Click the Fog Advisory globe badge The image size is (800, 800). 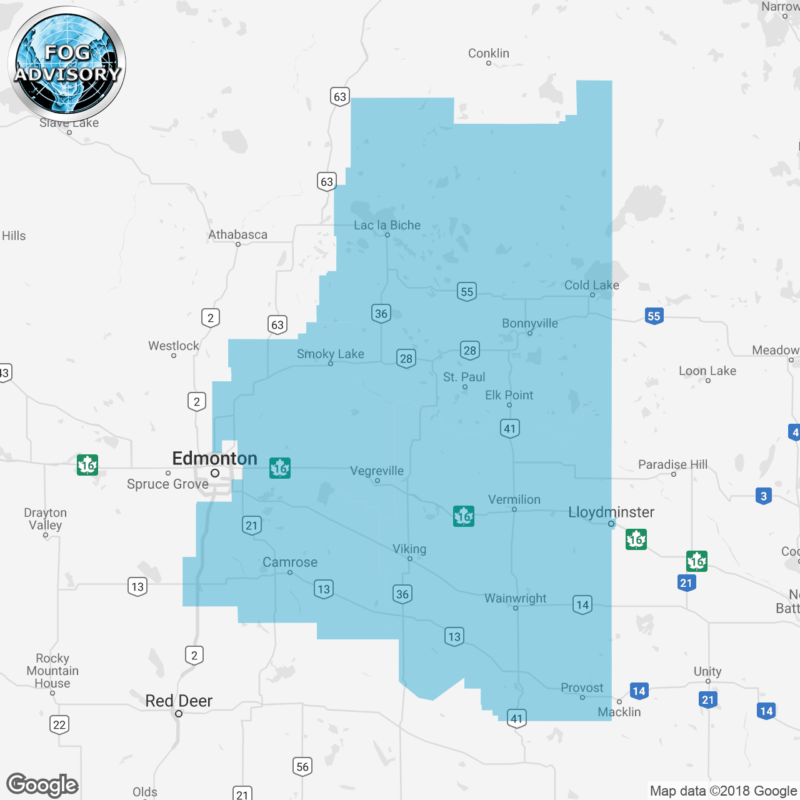click(67, 64)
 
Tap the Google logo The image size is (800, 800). click(42, 785)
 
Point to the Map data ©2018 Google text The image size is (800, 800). click(723, 791)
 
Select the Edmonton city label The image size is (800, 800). click(214, 458)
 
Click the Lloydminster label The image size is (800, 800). click(611, 512)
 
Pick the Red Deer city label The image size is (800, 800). click(179, 701)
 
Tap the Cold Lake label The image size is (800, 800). click(591, 285)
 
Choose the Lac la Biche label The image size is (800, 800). click(387, 225)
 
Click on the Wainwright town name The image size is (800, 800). click(515, 598)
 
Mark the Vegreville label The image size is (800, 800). click(377, 471)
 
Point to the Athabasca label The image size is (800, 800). click(237, 234)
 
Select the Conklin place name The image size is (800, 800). click(489, 53)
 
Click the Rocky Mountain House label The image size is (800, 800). click(52, 671)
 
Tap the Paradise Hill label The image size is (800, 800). click(672, 464)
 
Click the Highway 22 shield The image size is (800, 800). click(59, 725)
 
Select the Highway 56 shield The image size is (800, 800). click(302, 767)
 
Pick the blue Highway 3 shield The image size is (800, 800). click(763, 497)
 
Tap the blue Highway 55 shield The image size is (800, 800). click(654, 316)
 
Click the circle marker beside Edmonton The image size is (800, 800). click(215, 473)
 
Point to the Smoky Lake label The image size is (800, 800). click(330, 354)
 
